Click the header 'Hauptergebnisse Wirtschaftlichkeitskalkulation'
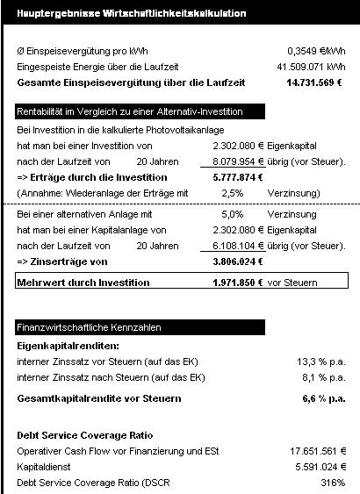pos(132,14)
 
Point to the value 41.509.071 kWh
pos(311,66)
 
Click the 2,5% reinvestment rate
pos(232,193)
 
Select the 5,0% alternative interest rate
pos(231,213)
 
